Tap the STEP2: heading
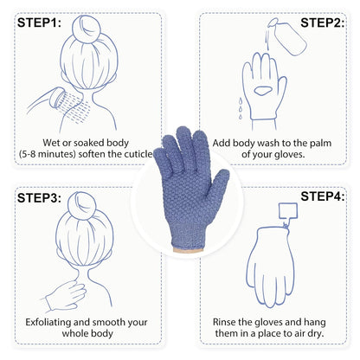point(321,23)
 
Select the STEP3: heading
point(39,198)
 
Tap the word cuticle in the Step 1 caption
point(140,157)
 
